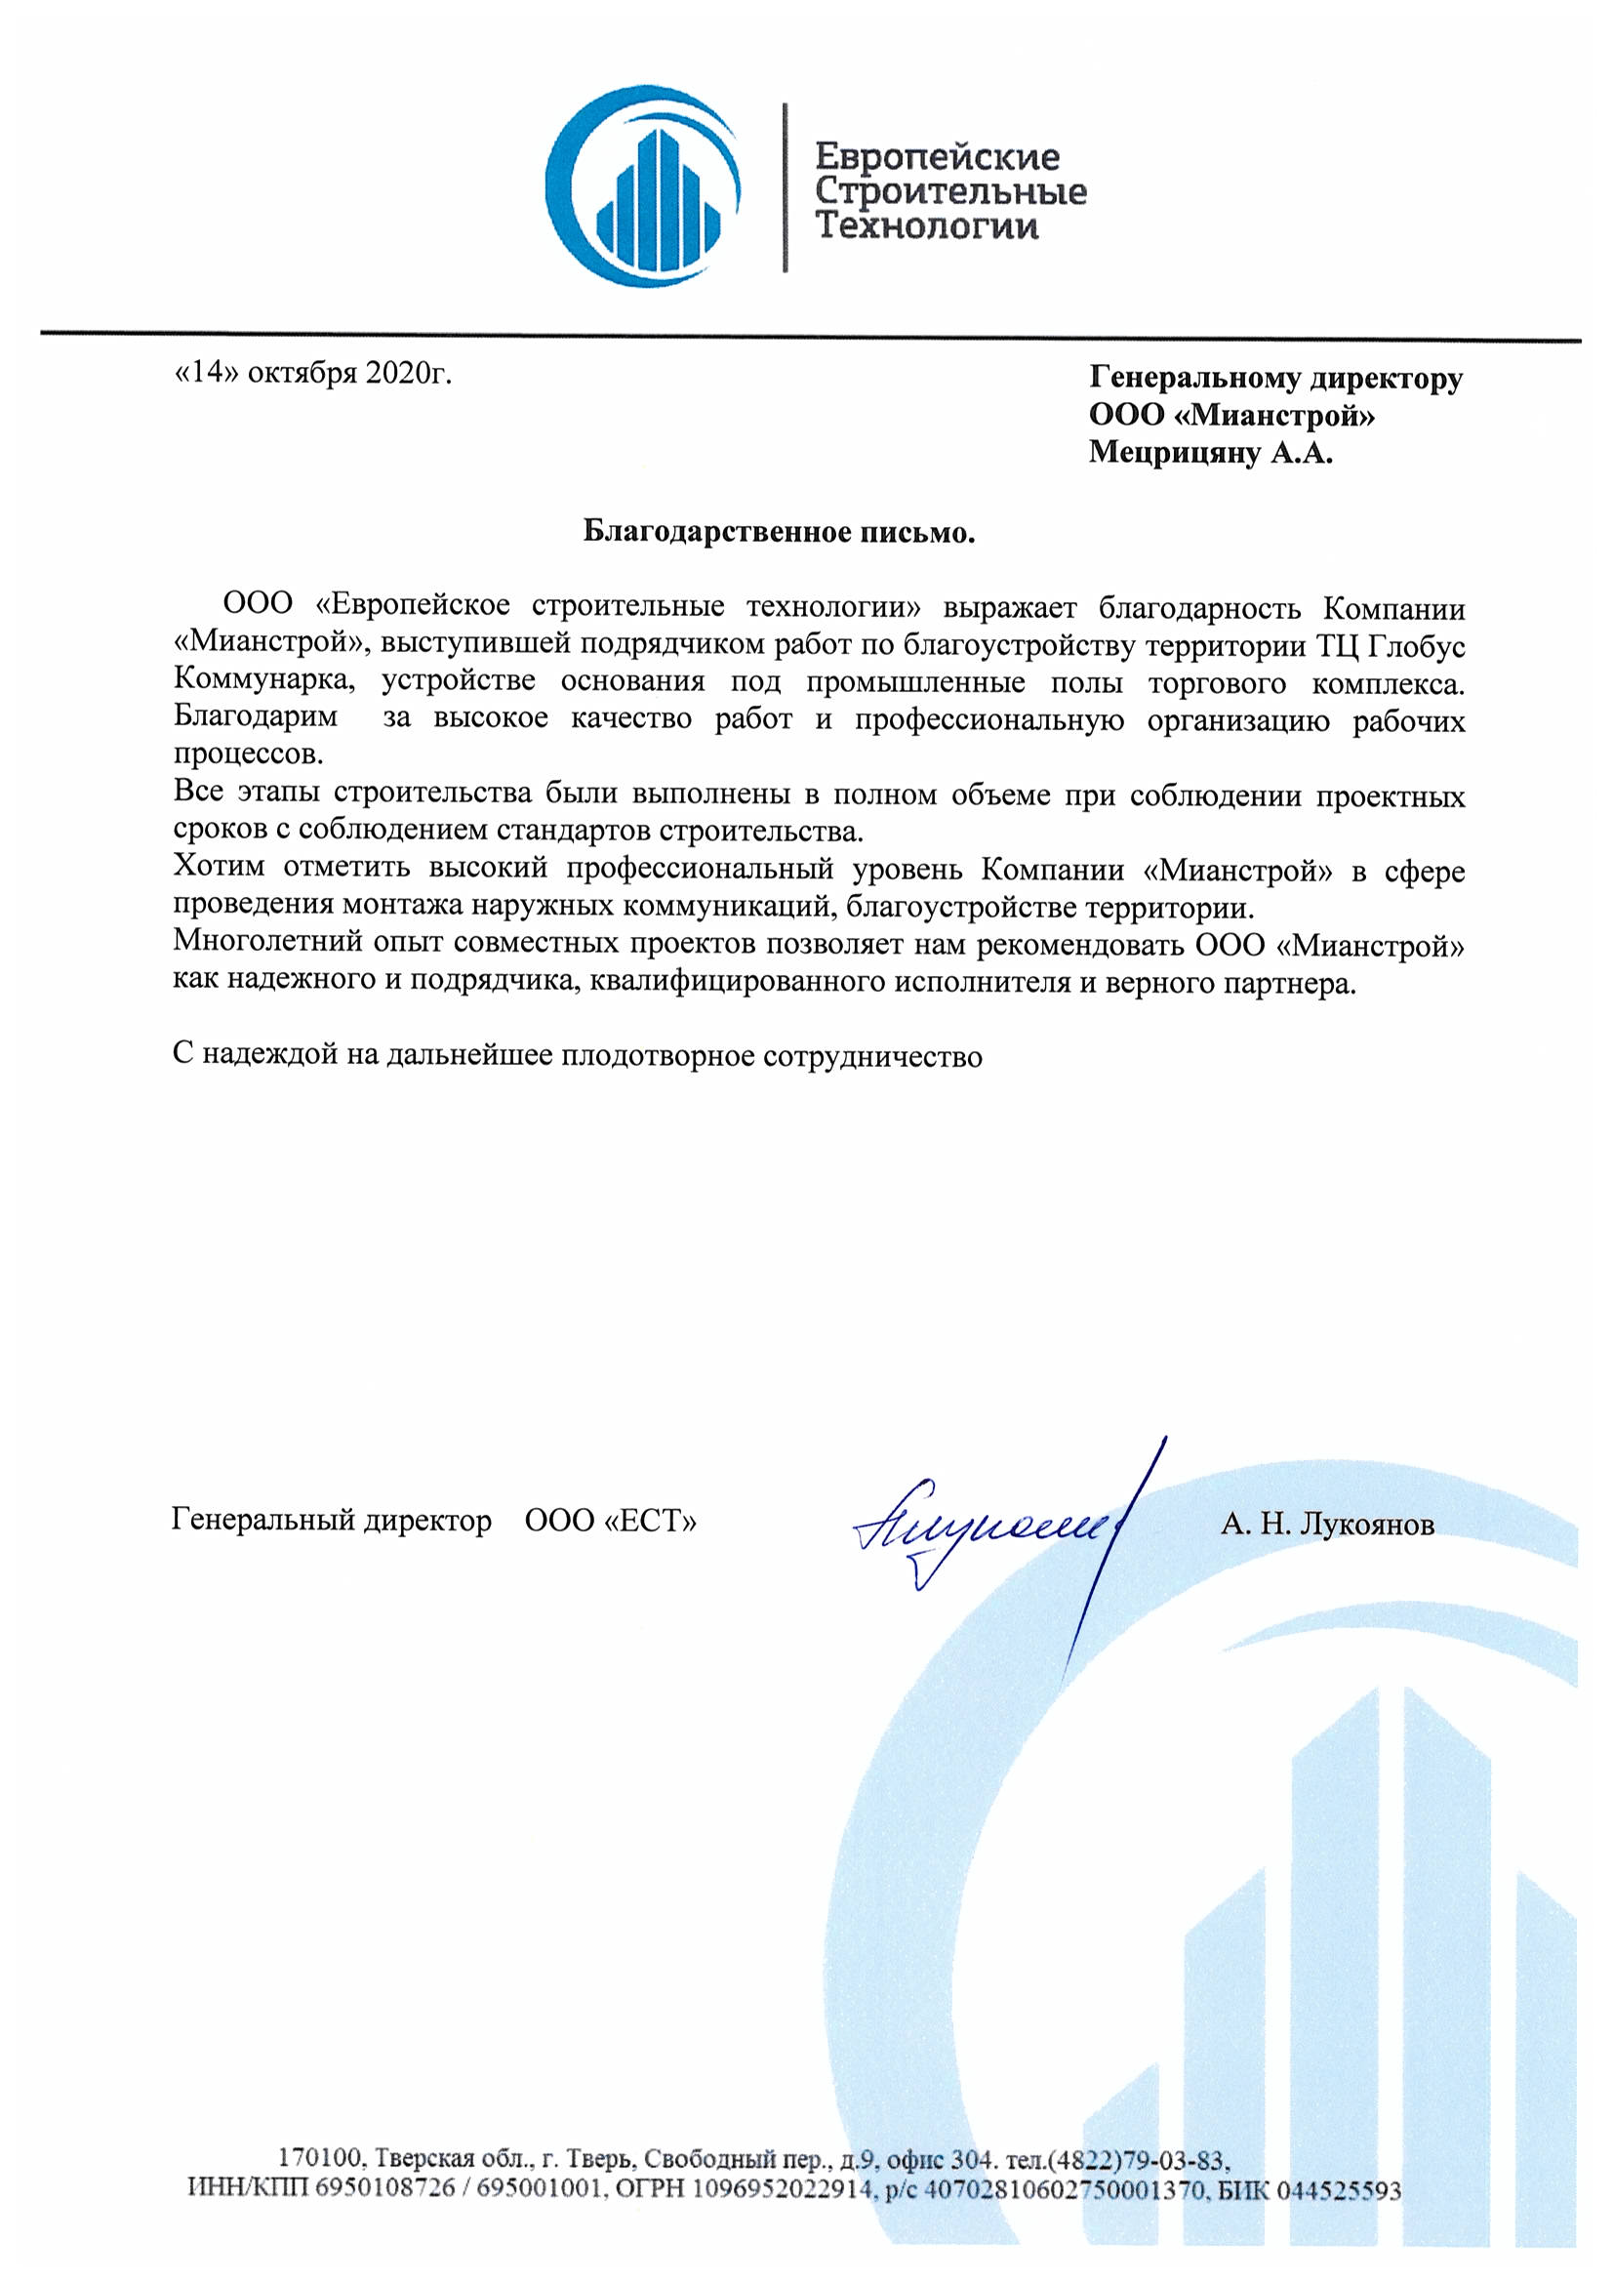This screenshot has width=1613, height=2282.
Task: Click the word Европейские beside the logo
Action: click(936, 156)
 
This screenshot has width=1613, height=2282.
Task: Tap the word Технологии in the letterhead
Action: click(926, 226)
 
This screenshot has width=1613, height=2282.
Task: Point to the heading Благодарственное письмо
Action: click(779, 533)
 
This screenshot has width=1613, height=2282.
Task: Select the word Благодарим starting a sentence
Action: click(256, 717)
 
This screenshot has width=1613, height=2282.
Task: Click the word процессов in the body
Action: click(249, 754)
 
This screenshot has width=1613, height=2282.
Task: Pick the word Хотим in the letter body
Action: click(219, 868)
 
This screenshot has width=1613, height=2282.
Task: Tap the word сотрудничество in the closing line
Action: click(871, 1055)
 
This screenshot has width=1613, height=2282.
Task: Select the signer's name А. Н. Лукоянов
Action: click(1327, 1525)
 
